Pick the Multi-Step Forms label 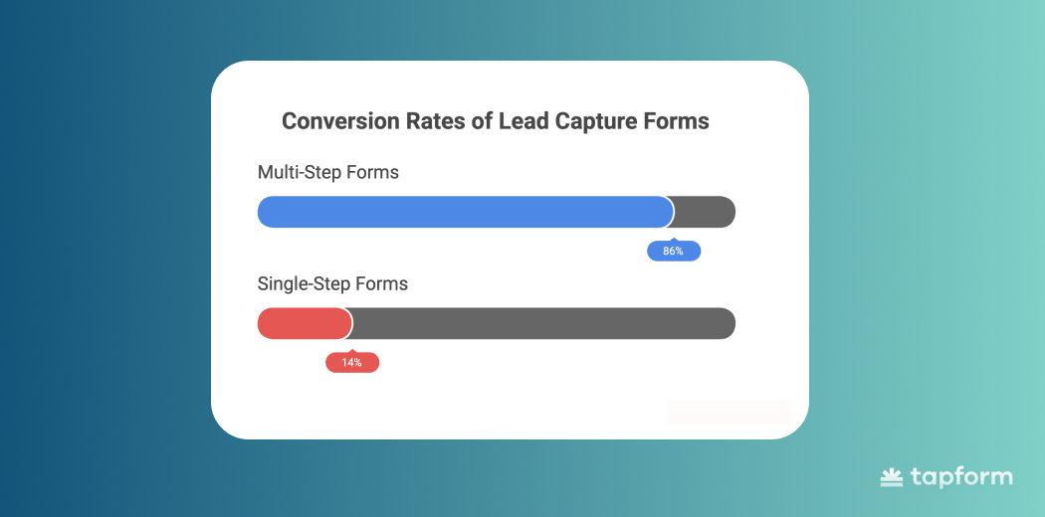(327, 172)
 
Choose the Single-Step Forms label (332, 284)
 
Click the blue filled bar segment (465, 212)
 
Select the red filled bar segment (305, 323)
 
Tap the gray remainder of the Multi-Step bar (705, 212)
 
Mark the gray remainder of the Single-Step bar (543, 323)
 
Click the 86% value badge (674, 251)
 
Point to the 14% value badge (352, 363)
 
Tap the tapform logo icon (891, 477)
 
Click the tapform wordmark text (960, 478)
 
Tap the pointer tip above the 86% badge (674, 238)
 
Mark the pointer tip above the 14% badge (352, 349)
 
